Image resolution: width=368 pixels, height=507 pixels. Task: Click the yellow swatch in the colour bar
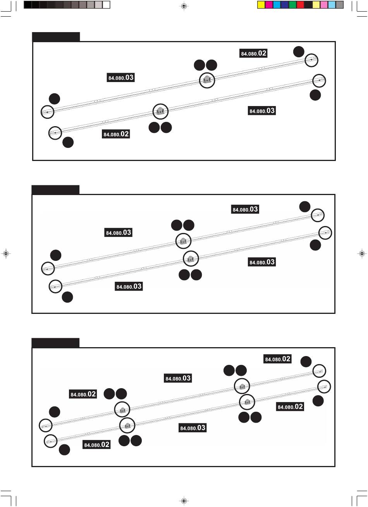[261, 5]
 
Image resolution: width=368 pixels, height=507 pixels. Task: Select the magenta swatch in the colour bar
[269, 5]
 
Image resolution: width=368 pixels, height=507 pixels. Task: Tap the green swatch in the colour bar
[292, 5]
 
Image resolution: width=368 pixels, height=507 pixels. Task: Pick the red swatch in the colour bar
[300, 5]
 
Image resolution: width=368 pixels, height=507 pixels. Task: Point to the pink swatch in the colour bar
[324, 5]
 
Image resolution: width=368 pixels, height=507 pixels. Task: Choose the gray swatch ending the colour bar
[339, 5]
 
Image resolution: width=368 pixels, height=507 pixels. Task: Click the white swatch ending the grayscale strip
[106, 5]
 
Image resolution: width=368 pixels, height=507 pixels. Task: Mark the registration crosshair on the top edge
[184, 6]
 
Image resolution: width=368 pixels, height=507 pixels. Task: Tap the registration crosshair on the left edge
[5, 253]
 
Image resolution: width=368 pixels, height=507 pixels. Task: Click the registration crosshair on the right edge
[361, 253]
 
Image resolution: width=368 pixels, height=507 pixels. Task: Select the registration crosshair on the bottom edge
[184, 501]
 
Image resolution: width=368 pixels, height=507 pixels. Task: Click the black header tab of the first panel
[56, 37]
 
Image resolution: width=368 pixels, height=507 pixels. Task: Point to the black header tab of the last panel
[55, 343]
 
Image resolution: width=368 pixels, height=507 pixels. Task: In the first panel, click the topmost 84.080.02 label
[254, 53]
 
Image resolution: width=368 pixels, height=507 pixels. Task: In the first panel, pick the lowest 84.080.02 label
[116, 134]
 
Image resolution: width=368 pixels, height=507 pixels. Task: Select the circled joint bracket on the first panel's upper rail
[207, 80]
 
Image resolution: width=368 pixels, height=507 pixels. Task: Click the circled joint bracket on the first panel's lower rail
[160, 111]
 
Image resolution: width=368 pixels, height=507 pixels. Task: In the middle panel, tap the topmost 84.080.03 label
[245, 209]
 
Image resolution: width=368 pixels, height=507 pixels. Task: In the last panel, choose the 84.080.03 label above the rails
[178, 378]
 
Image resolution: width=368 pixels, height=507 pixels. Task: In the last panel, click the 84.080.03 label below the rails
[193, 428]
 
